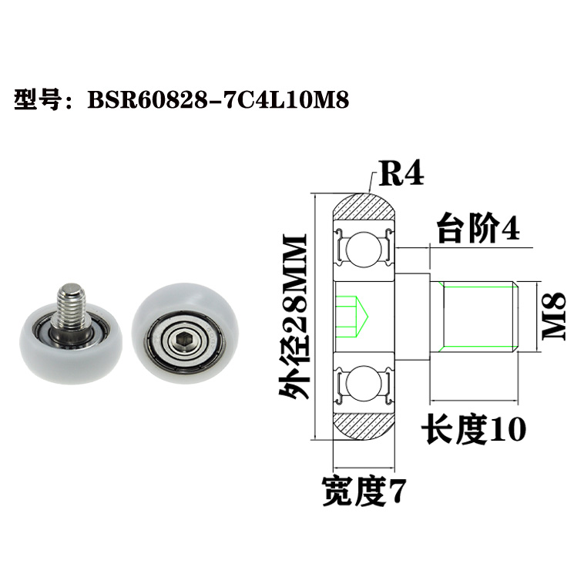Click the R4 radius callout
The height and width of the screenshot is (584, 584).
click(x=399, y=175)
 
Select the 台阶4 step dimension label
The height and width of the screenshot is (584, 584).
click(x=478, y=230)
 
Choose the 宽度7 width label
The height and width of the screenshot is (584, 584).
click(x=363, y=490)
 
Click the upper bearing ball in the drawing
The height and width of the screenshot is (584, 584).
click(x=364, y=250)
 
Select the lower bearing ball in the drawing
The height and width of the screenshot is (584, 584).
click(x=364, y=383)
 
